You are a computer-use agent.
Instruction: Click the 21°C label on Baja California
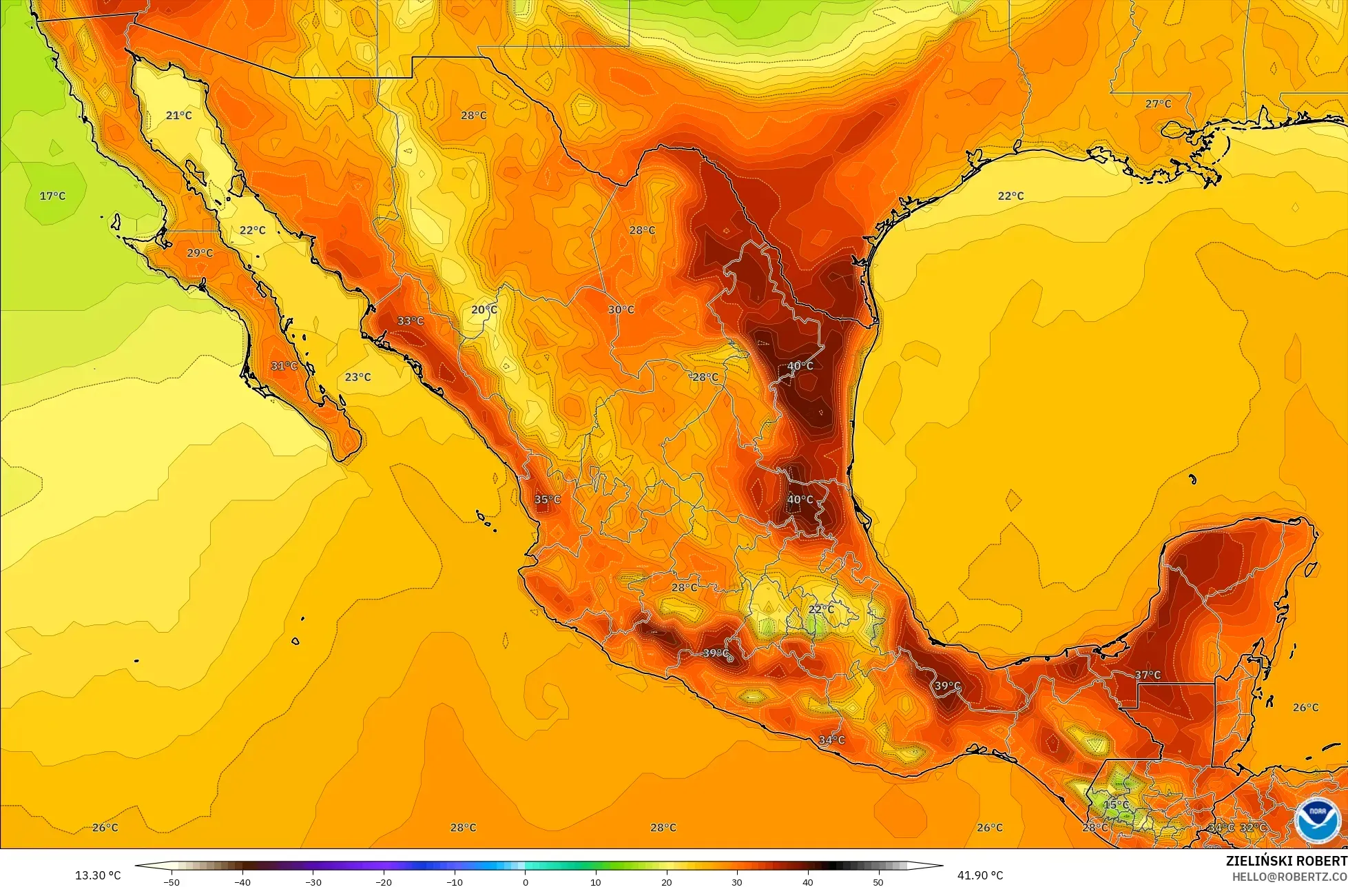click(x=178, y=115)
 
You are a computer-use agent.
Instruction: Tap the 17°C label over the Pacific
click(x=52, y=196)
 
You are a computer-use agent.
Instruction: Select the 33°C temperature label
click(x=411, y=320)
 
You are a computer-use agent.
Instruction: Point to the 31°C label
click(x=284, y=365)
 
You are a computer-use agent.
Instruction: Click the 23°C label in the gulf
click(x=357, y=377)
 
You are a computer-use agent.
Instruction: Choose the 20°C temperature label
click(x=484, y=309)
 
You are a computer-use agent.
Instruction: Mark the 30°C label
click(x=621, y=309)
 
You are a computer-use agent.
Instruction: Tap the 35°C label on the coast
click(x=548, y=500)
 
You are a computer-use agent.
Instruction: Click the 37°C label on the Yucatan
click(x=1148, y=675)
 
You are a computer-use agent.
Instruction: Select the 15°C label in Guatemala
click(x=1117, y=804)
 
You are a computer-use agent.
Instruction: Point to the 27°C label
click(x=1158, y=103)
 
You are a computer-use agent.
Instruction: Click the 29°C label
click(x=200, y=253)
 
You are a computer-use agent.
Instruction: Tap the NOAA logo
click(x=1316, y=819)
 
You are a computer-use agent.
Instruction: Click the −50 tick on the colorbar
click(x=172, y=881)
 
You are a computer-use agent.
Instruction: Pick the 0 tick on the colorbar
click(x=525, y=881)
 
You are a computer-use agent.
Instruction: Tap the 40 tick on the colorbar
click(x=807, y=881)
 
